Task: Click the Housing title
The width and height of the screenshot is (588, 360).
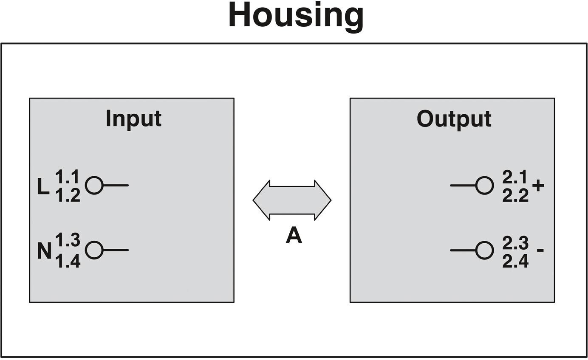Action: [296, 17]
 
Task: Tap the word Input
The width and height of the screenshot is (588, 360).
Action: [133, 119]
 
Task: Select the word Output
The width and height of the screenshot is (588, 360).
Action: [454, 119]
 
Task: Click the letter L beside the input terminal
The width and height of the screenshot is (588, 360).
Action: [43, 186]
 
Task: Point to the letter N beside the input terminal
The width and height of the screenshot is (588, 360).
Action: [44, 251]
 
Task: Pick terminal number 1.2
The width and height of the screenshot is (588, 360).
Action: [68, 195]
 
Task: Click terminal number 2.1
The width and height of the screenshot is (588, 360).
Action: [514, 177]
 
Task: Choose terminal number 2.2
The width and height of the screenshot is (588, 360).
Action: [515, 196]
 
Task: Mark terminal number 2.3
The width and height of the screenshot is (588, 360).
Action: [515, 243]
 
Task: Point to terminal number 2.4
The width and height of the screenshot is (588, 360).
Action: [515, 262]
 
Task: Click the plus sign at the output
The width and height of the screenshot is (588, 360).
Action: [538, 186]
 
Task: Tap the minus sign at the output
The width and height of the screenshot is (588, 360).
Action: [540, 250]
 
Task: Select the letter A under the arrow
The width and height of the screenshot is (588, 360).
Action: [294, 235]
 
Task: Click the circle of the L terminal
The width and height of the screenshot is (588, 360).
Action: [85, 185]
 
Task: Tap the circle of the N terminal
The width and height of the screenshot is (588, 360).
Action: [85, 250]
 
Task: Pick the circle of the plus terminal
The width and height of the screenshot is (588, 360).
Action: [493, 186]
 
